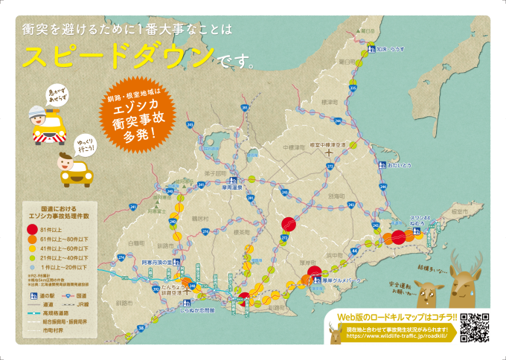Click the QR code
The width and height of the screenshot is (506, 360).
click(x=475, y=327)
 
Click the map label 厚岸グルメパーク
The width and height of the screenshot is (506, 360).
click(x=342, y=280)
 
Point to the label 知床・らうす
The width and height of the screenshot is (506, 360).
click(x=394, y=48)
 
